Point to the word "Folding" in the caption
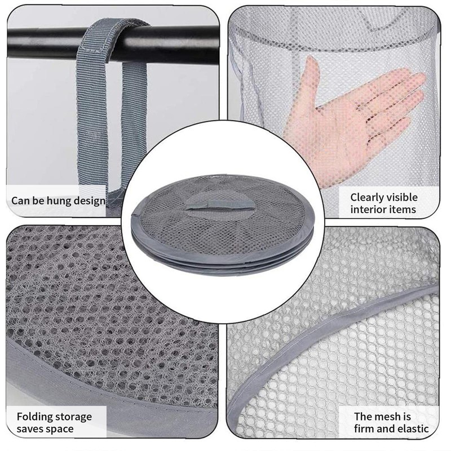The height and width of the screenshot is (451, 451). pos(36,417)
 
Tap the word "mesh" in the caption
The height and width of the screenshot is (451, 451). pos(388,417)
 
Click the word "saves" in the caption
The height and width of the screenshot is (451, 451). pos(32,429)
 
